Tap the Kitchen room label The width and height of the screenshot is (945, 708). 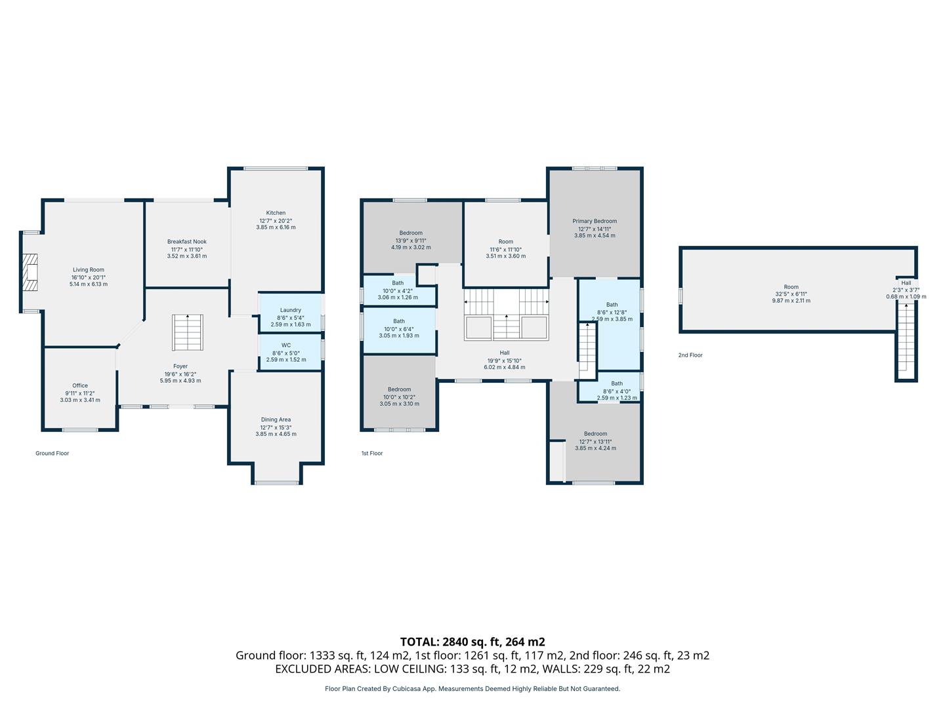coord(276,213)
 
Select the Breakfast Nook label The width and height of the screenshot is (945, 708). coord(186,242)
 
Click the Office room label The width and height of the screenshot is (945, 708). coord(80,386)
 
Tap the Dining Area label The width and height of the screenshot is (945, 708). coord(276,420)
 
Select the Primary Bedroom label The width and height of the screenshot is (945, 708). coord(595,222)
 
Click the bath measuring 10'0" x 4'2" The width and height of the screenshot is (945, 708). coord(398,290)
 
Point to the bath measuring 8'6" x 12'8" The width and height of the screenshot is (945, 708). coord(612,311)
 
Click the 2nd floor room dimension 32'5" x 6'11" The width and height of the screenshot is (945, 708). coord(791,294)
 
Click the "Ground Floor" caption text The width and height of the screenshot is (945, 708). coord(52,454)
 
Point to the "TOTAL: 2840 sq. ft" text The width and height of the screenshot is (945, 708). coord(472,642)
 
